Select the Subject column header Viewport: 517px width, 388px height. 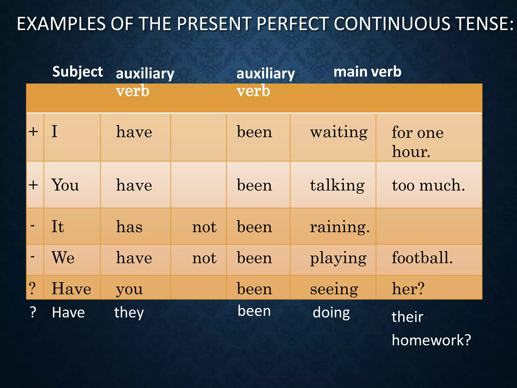pyautogui.click(x=77, y=72)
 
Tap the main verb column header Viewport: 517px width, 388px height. pyautogui.click(x=367, y=72)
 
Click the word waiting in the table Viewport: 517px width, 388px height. pyautogui.click(x=339, y=132)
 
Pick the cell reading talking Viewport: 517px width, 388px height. pyautogui.click(x=337, y=185)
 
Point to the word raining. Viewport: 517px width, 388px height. pyautogui.click(x=340, y=227)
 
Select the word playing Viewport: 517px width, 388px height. pyautogui.click(x=338, y=258)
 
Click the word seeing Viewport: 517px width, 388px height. pyautogui.click(x=334, y=289)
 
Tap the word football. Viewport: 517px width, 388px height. pyautogui.click(x=422, y=258)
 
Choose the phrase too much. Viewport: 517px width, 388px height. pyautogui.click(x=428, y=185)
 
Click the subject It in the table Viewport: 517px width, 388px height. pyautogui.click(x=58, y=226)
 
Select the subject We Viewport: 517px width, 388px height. pyautogui.click(x=63, y=258)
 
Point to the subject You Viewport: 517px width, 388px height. pyautogui.click(x=65, y=185)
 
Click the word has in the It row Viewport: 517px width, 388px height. pyautogui.click(x=129, y=227)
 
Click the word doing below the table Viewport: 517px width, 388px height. pyautogui.click(x=331, y=313)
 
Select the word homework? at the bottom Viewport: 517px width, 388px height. pyautogui.click(x=431, y=340)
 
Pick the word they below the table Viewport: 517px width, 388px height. pyautogui.click(x=129, y=313)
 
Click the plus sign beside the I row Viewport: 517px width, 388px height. pyautogui.click(x=33, y=132)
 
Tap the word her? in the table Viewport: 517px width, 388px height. pyautogui.click(x=408, y=289)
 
